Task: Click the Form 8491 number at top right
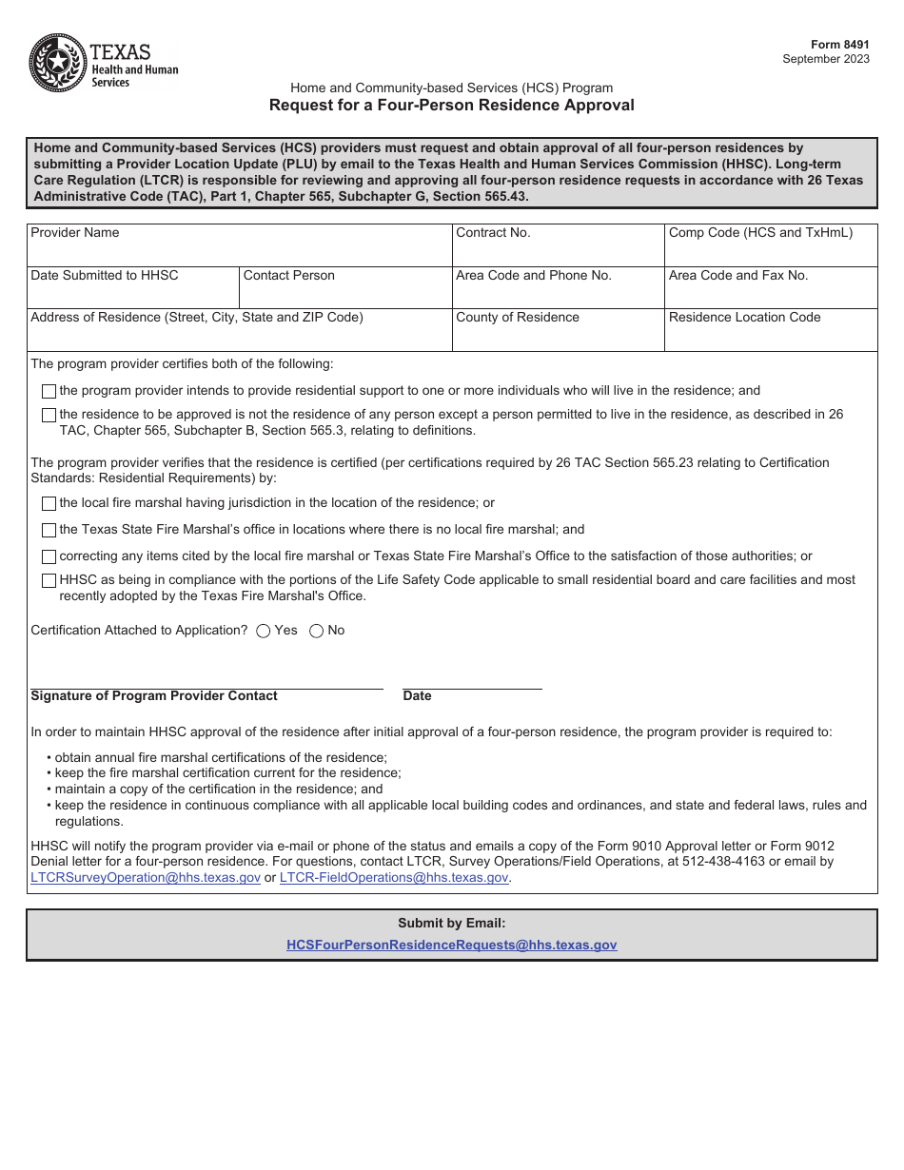pos(839,45)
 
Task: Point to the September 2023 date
pos(825,59)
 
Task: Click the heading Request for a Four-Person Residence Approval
pos(451,106)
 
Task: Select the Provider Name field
pos(239,252)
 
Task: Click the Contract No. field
pos(558,252)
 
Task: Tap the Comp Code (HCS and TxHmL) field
pos(770,252)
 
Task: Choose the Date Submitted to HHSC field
pos(132,294)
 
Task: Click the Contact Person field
pos(344,294)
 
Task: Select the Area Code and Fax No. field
pos(770,294)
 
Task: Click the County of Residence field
pos(558,336)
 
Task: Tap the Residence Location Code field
pos(770,336)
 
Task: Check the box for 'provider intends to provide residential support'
pos(49,391)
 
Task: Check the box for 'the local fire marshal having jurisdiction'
pos(49,503)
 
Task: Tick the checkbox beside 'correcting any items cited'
pos(49,556)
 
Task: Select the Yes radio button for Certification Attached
pos(264,631)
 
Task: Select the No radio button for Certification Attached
pos(317,631)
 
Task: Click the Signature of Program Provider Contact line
pos(206,680)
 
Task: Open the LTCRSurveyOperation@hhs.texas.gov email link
pos(146,878)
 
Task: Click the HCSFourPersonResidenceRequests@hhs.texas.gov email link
pos(451,946)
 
